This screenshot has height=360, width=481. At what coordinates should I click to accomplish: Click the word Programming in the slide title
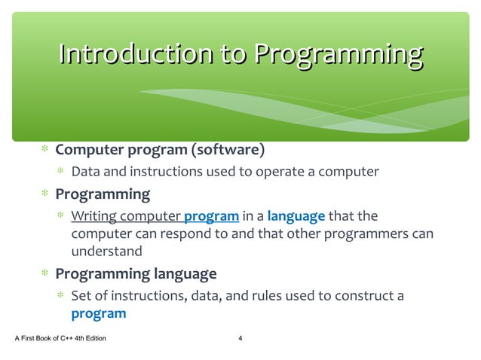click(x=338, y=54)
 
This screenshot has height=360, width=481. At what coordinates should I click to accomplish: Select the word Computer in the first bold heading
click(x=87, y=150)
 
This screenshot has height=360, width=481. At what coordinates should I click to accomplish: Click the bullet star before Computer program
click(x=45, y=151)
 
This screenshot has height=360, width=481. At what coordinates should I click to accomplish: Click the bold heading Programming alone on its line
click(x=103, y=194)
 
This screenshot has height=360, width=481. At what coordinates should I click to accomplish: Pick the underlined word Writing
click(x=95, y=217)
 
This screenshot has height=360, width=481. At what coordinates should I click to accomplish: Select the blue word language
click(x=296, y=217)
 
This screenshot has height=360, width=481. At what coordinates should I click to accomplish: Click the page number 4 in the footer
click(x=240, y=338)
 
